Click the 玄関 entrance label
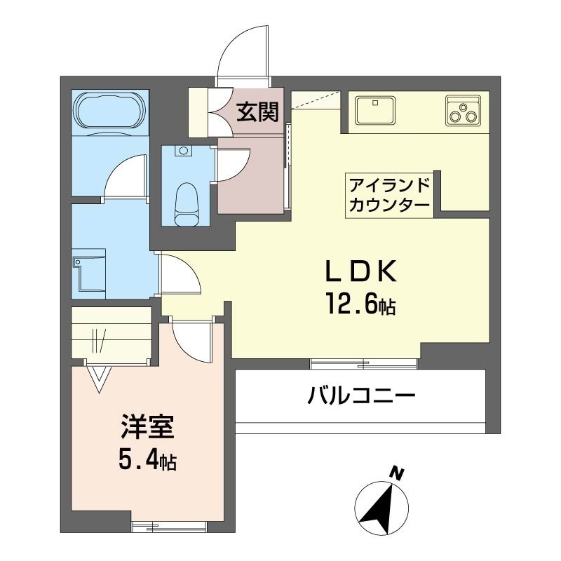(x=257, y=111)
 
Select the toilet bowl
(x=187, y=204)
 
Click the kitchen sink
(x=376, y=110)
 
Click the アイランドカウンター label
(x=389, y=196)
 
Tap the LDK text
(x=360, y=272)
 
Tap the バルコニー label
(x=361, y=398)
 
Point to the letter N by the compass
(x=397, y=474)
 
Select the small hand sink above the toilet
(x=184, y=150)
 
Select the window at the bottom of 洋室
(x=169, y=523)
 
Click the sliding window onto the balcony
(x=364, y=363)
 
